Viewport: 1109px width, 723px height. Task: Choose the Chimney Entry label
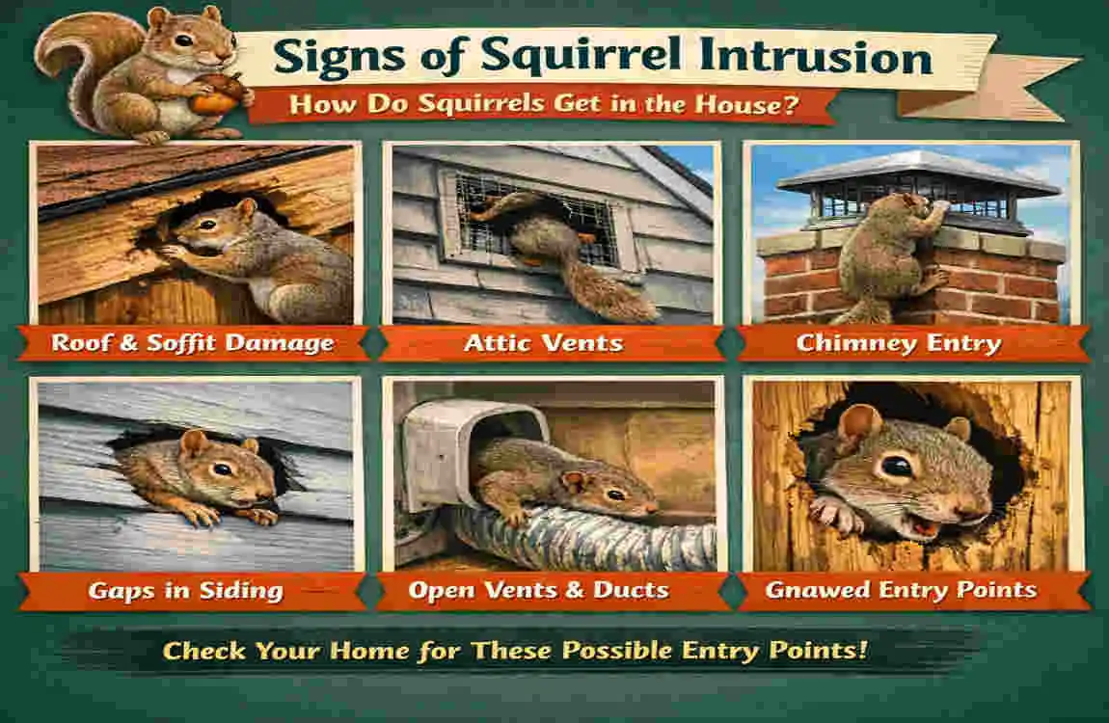[898, 342]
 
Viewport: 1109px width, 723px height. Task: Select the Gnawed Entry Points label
[900, 590]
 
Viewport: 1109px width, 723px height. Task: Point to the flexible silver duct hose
[598, 540]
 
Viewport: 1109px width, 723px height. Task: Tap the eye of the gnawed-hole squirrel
[896, 466]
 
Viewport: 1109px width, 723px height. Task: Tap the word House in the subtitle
[741, 104]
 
